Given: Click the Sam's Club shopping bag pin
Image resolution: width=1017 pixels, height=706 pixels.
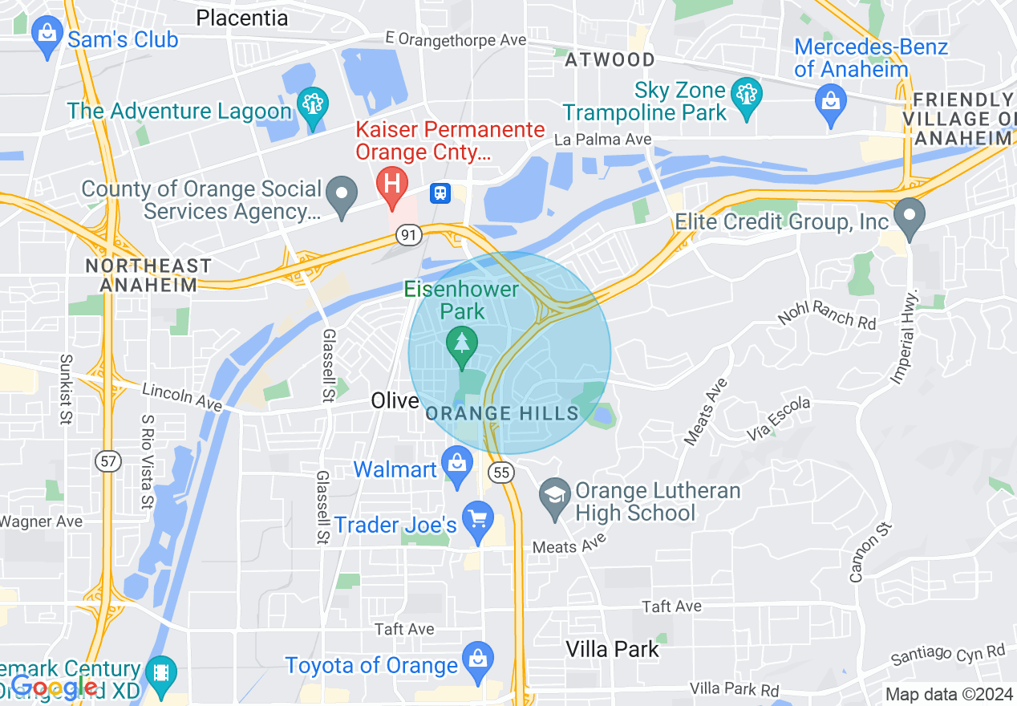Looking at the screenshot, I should pos(47,37).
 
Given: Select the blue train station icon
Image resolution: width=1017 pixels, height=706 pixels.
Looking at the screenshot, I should pos(440,193).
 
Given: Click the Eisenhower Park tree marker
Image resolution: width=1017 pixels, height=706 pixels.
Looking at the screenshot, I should pos(461,344).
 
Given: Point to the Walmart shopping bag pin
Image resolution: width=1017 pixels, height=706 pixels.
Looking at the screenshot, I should pos(457,465).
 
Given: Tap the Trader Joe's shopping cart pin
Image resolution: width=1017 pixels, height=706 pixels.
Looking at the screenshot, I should pos(479,521).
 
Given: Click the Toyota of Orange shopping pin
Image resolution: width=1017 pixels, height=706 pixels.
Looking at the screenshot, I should pos(478,661).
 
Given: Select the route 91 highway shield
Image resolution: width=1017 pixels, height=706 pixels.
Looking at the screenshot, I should pos(409,235).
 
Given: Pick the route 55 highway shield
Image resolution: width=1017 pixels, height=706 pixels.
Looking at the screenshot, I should pos(501,473).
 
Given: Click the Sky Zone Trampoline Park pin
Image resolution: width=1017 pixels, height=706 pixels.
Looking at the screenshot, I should pos(748,97).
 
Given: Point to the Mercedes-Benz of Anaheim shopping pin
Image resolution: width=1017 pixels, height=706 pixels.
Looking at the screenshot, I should pos(831,103).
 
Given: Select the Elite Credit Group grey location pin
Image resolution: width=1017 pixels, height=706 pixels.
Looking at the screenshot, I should pos(910,216).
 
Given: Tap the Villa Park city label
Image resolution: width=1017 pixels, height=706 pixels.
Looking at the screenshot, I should pos(612,649).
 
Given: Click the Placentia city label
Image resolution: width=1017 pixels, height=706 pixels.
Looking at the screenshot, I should pos(241,17).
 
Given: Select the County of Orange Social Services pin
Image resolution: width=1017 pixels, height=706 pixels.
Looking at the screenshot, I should pos(344,195).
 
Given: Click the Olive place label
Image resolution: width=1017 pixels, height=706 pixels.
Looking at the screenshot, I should pos(395,400).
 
